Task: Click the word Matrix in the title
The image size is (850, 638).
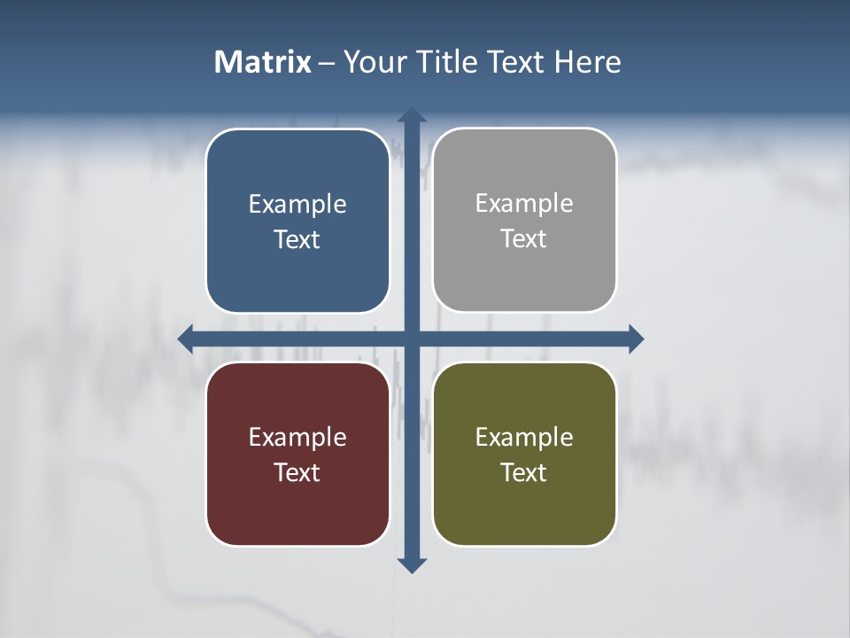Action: click(x=262, y=62)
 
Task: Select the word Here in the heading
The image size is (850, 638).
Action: click(x=587, y=62)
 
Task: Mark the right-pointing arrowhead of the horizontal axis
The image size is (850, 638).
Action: click(x=636, y=338)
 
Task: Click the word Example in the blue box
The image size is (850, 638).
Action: click(x=297, y=205)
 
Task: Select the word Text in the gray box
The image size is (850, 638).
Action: click(x=524, y=239)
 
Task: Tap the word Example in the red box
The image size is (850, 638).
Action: click(x=297, y=438)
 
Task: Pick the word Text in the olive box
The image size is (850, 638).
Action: click(x=524, y=472)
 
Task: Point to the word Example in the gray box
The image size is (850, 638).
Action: click(x=524, y=204)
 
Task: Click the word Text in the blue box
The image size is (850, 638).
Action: click(x=297, y=240)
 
